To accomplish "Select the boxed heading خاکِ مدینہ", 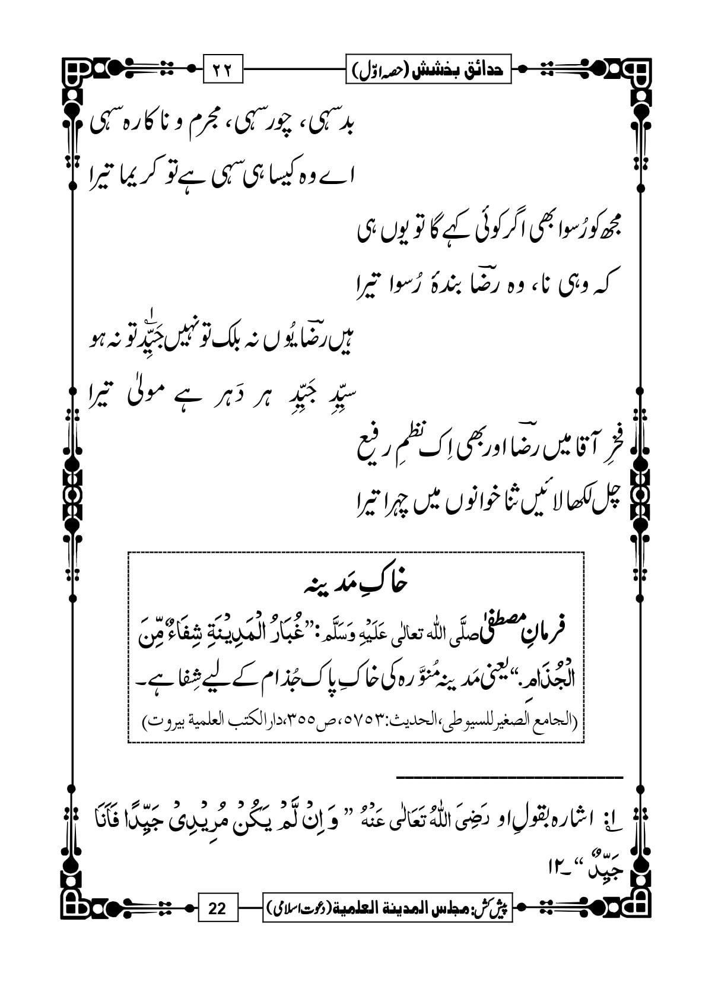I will tap(356, 584).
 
